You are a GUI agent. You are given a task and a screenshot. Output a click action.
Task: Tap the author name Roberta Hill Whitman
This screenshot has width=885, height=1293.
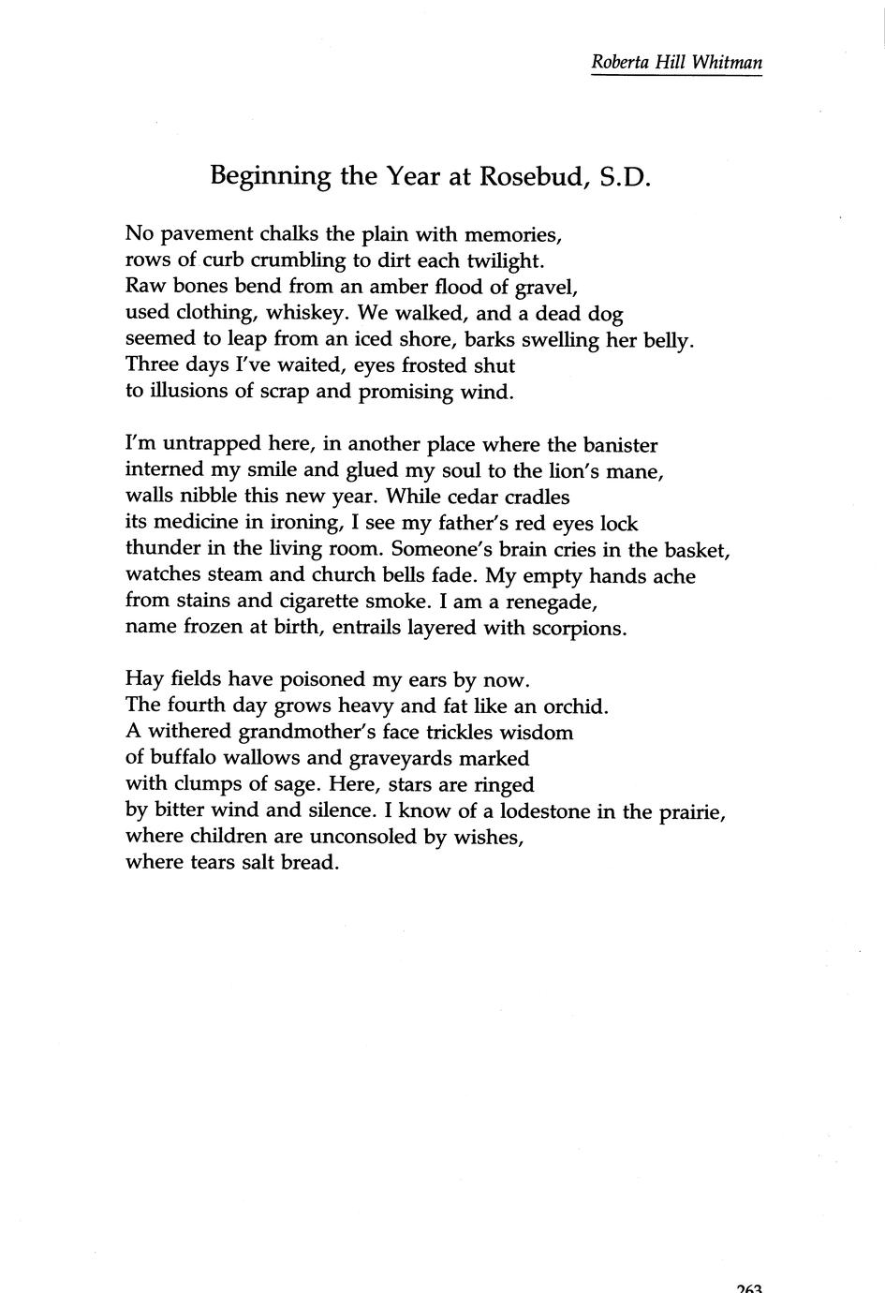[x=676, y=63]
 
